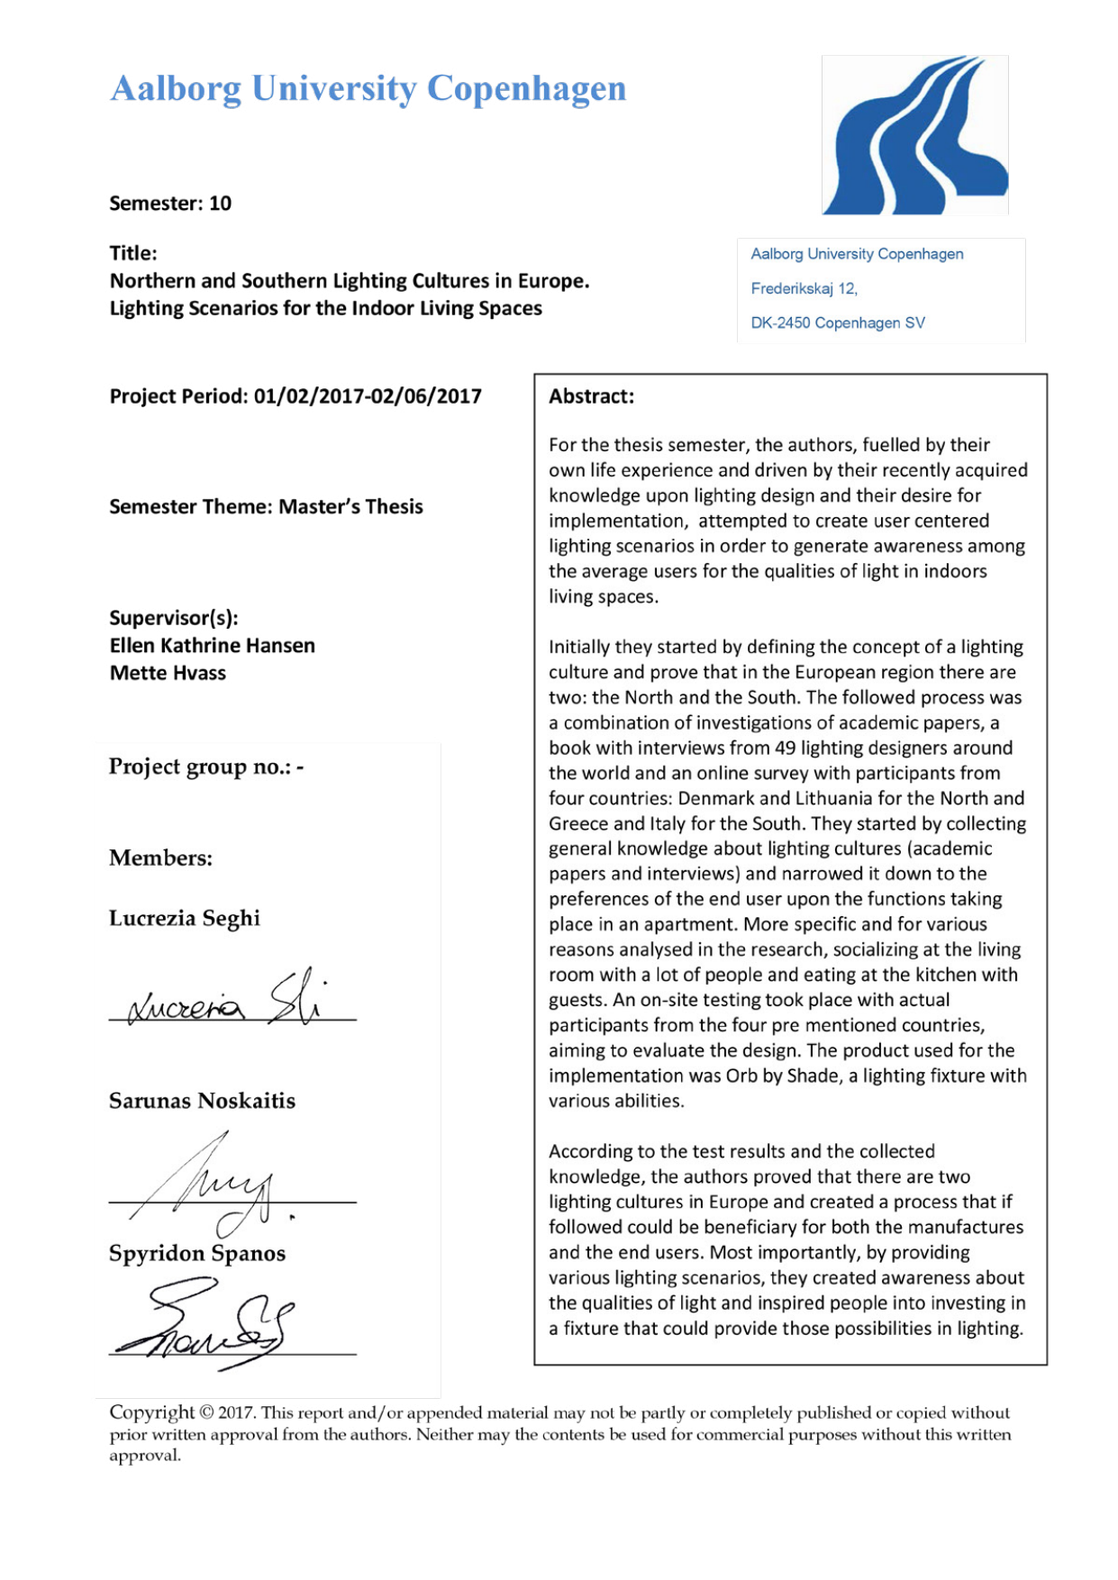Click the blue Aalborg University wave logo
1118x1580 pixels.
pyautogui.click(x=914, y=135)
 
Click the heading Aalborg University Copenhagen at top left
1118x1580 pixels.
pyautogui.click(x=368, y=88)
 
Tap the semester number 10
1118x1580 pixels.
pyautogui.click(x=221, y=204)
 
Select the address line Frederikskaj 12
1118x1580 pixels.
pyautogui.click(x=804, y=288)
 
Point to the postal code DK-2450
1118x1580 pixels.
pyautogui.click(x=780, y=322)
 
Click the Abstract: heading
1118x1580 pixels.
pyautogui.click(x=591, y=396)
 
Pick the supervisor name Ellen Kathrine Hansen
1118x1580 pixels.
pyautogui.click(x=213, y=646)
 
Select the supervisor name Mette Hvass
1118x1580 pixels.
pyautogui.click(x=168, y=673)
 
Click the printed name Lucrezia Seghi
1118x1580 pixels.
pyautogui.click(x=185, y=918)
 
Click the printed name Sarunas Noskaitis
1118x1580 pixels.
pyautogui.click(x=202, y=1101)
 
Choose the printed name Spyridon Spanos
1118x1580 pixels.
pyautogui.click(x=197, y=1253)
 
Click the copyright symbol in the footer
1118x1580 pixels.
pyautogui.click(x=206, y=1412)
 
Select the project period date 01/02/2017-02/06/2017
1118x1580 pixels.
pyautogui.click(x=368, y=396)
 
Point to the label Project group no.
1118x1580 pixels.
pyautogui.click(x=200, y=767)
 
